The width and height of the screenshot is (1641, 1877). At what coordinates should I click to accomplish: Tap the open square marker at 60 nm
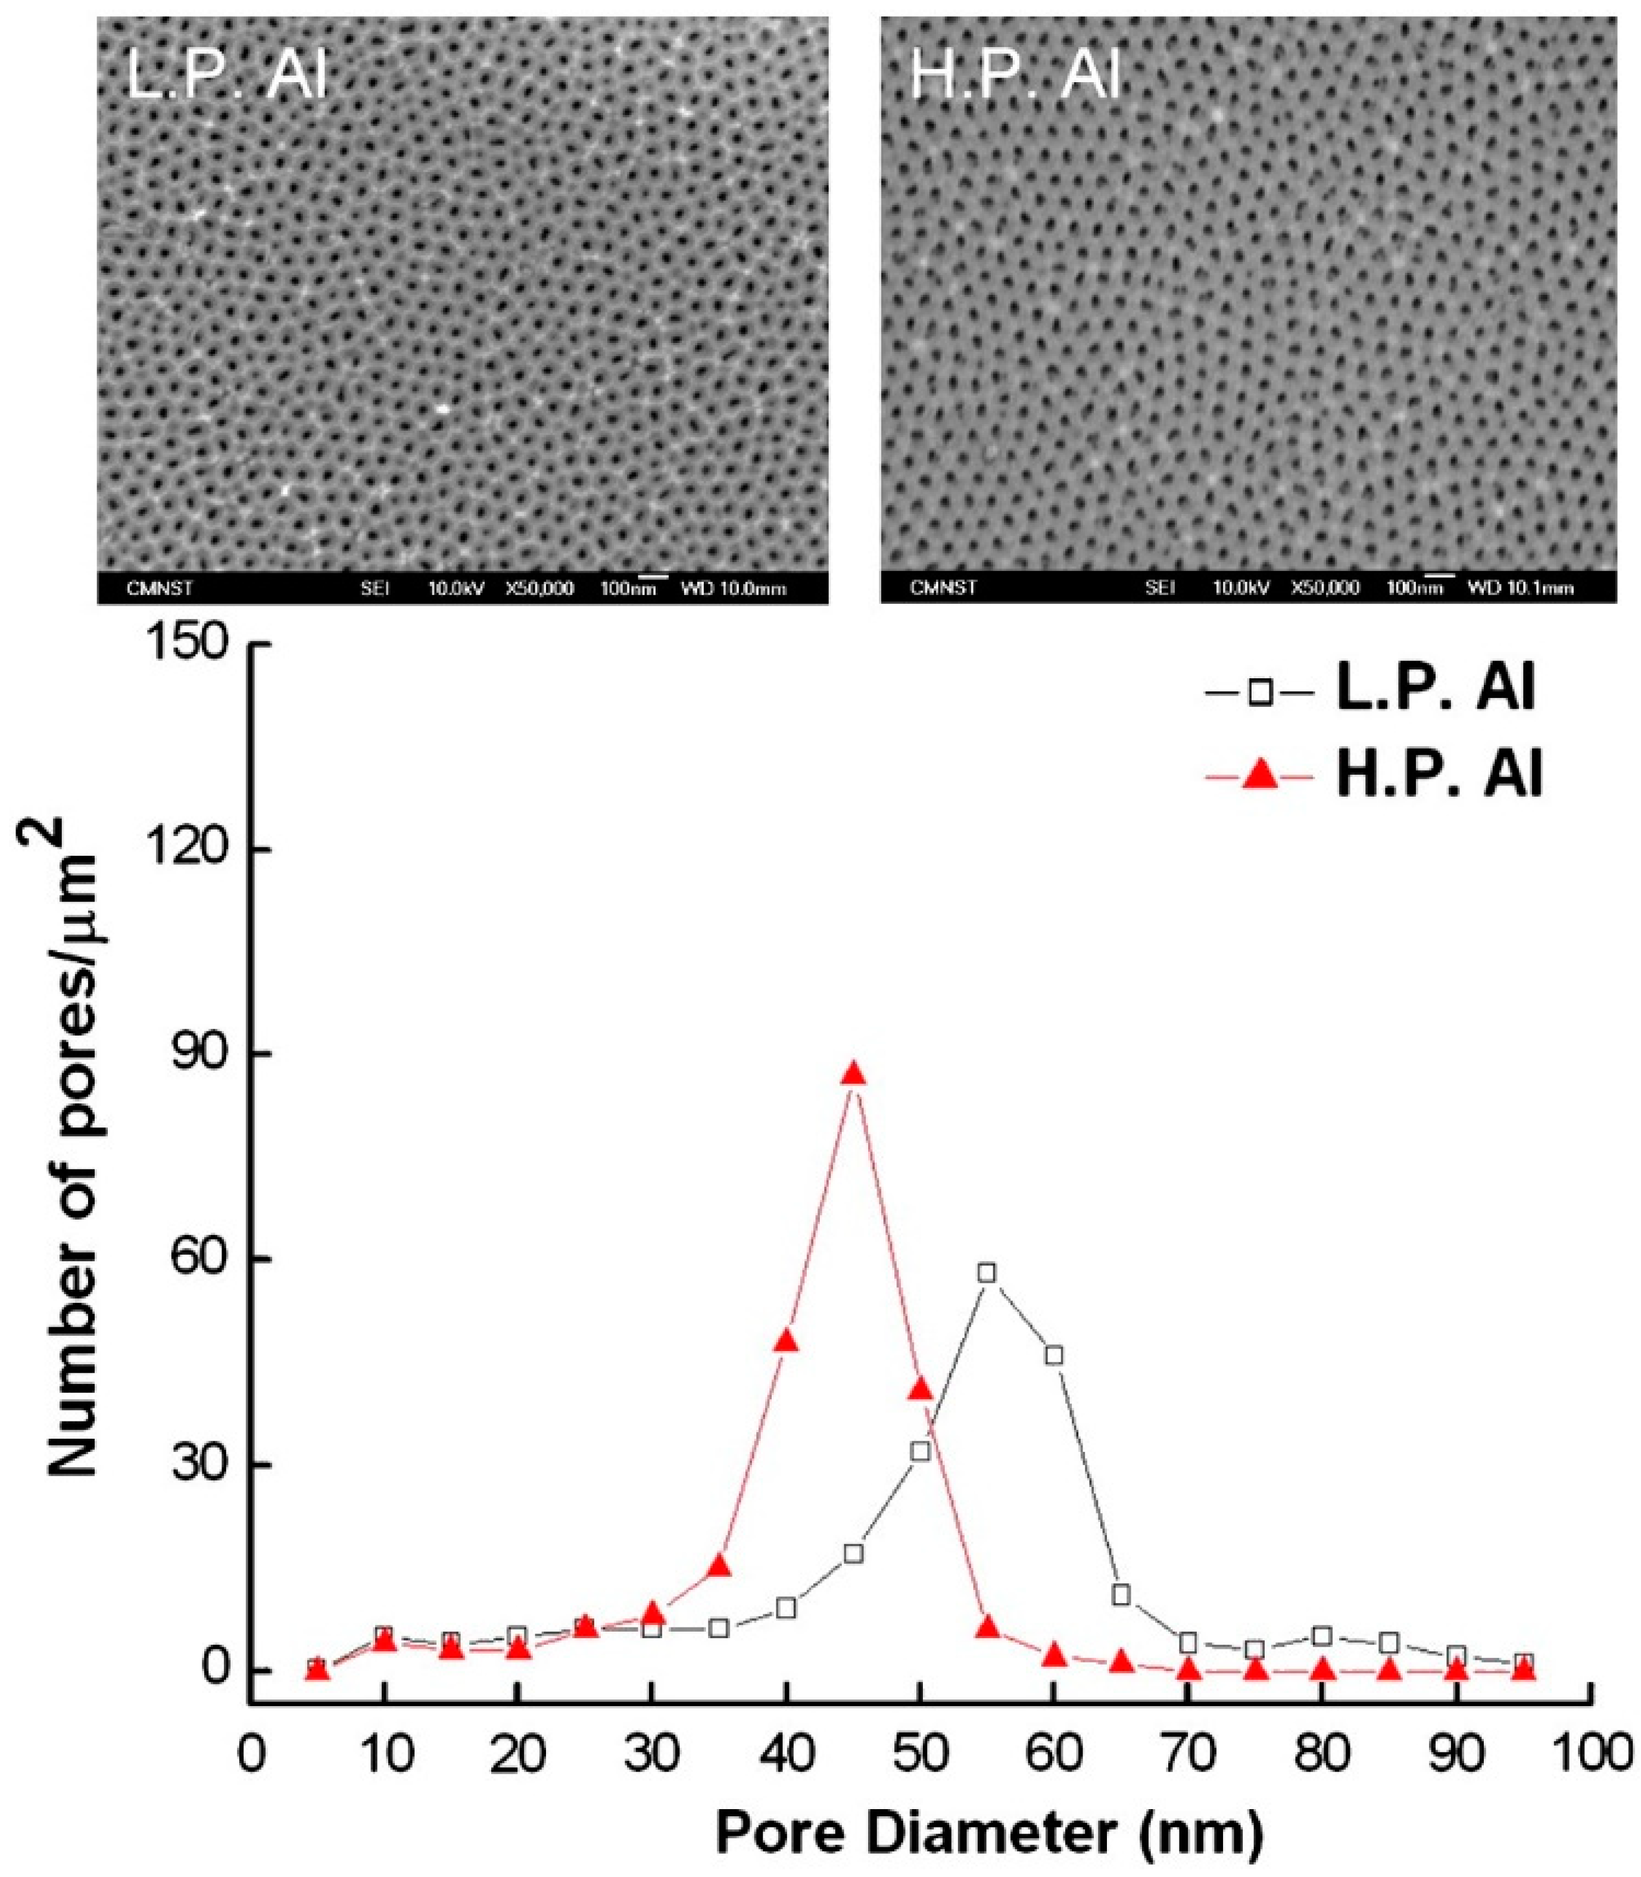pyautogui.click(x=1054, y=1355)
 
